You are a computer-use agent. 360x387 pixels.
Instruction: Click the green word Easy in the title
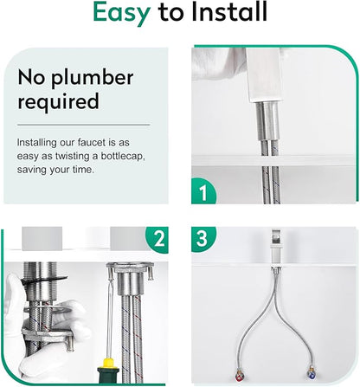[x=121, y=13]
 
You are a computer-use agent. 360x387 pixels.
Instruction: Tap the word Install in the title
[x=229, y=11]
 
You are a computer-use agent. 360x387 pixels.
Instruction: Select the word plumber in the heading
[x=93, y=78]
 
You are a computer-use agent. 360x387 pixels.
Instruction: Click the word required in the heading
[x=59, y=101]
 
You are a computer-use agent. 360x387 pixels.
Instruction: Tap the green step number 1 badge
[x=203, y=191]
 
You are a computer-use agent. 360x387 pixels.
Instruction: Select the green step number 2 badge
[x=158, y=239]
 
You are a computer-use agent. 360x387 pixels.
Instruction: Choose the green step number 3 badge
[x=202, y=238]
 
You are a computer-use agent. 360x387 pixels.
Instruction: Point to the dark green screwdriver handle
[x=108, y=375]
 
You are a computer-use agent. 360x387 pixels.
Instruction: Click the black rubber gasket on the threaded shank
[x=45, y=281]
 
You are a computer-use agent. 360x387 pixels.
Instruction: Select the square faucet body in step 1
[x=264, y=74]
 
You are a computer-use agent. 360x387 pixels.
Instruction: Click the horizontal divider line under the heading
[x=84, y=125]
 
